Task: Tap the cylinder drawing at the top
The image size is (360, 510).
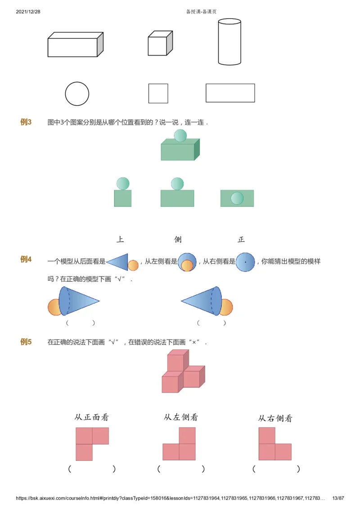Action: point(229,42)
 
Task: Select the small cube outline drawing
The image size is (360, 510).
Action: point(160,44)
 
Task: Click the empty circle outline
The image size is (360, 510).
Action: point(77,94)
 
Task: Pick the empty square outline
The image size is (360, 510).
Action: point(158,93)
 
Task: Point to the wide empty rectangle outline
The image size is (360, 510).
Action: point(230,93)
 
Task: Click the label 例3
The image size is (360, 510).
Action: point(26,122)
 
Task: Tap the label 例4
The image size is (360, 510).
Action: point(26,259)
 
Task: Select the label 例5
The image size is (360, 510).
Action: point(26,342)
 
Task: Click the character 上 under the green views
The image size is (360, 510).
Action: point(120,239)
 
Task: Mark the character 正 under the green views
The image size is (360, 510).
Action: point(241,239)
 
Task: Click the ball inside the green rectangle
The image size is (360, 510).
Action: point(237,198)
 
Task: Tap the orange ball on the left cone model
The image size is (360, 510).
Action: point(54,307)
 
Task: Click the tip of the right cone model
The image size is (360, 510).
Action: point(182,301)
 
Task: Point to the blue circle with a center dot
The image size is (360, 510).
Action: point(245,262)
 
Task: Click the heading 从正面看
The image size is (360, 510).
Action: point(92,417)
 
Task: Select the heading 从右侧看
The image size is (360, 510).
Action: point(275,419)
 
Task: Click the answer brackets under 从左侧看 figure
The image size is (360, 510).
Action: point(181,469)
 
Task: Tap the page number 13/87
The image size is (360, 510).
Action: point(338,498)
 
